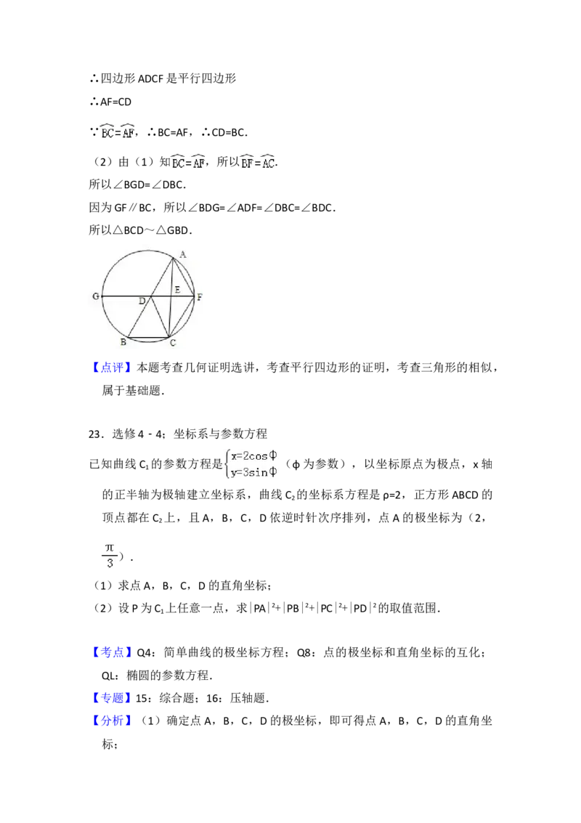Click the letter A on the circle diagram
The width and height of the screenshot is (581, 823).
click(182, 254)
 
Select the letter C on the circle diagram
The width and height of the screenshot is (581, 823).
click(172, 344)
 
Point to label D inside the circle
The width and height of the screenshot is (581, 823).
click(142, 301)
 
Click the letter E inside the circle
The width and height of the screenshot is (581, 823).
click(176, 290)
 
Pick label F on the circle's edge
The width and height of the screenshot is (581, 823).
click(200, 297)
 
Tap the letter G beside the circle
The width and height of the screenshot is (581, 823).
click(95, 297)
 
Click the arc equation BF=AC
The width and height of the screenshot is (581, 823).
click(259, 163)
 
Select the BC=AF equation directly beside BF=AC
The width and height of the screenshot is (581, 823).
click(189, 163)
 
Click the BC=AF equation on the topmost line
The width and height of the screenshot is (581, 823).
click(119, 131)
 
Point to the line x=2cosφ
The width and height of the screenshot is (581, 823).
click(254, 456)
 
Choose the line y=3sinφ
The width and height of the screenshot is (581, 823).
click(254, 473)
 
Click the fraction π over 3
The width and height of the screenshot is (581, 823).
click(110, 555)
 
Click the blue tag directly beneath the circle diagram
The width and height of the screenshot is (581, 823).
click(113, 369)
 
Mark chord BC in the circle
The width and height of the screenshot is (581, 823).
click(148, 338)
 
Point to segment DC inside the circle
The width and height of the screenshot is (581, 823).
click(160, 317)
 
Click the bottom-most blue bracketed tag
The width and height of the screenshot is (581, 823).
click(113, 721)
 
